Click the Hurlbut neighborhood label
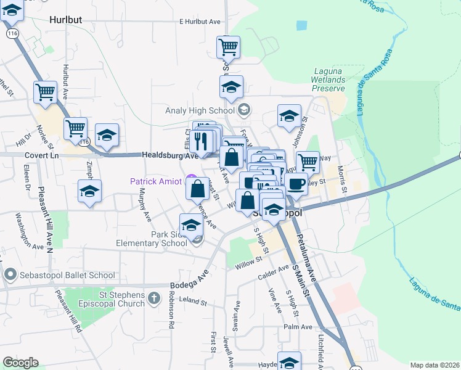pos(65,20)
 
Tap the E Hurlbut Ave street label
pos(200,22)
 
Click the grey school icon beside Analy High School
pos(243,110)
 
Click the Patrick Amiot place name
pos(157,181)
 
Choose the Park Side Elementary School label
pos(152,239)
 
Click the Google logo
pos(20,363)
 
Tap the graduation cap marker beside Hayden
pos(289,361)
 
